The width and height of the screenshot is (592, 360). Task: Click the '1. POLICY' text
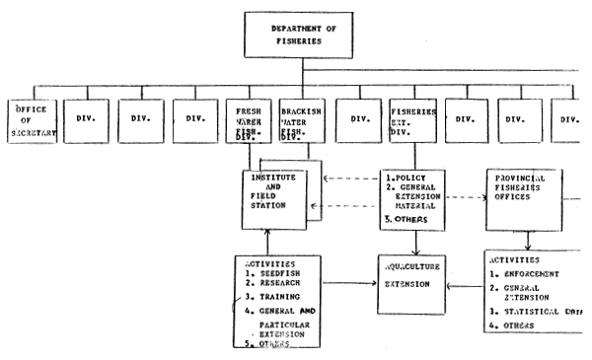(407, 177)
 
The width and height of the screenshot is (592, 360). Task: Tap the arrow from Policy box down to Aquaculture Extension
(414, 242)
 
